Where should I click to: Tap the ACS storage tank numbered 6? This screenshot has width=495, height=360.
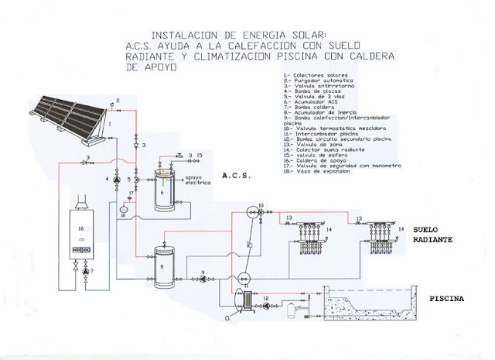(163, 187)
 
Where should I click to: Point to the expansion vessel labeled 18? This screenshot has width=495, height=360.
(123, 208)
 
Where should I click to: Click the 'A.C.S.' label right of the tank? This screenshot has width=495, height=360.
(237, 177)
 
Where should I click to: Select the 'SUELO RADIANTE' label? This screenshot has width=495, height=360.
(433, 234)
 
